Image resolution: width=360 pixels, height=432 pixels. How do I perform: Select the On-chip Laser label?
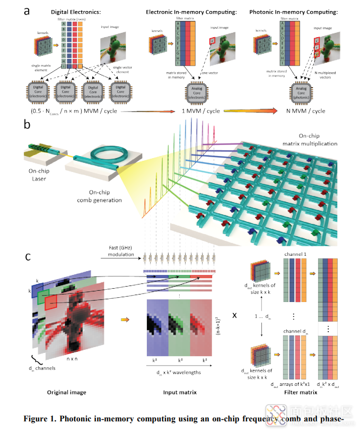[43, 175]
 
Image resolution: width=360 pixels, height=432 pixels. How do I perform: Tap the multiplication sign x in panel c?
[234, 314]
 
